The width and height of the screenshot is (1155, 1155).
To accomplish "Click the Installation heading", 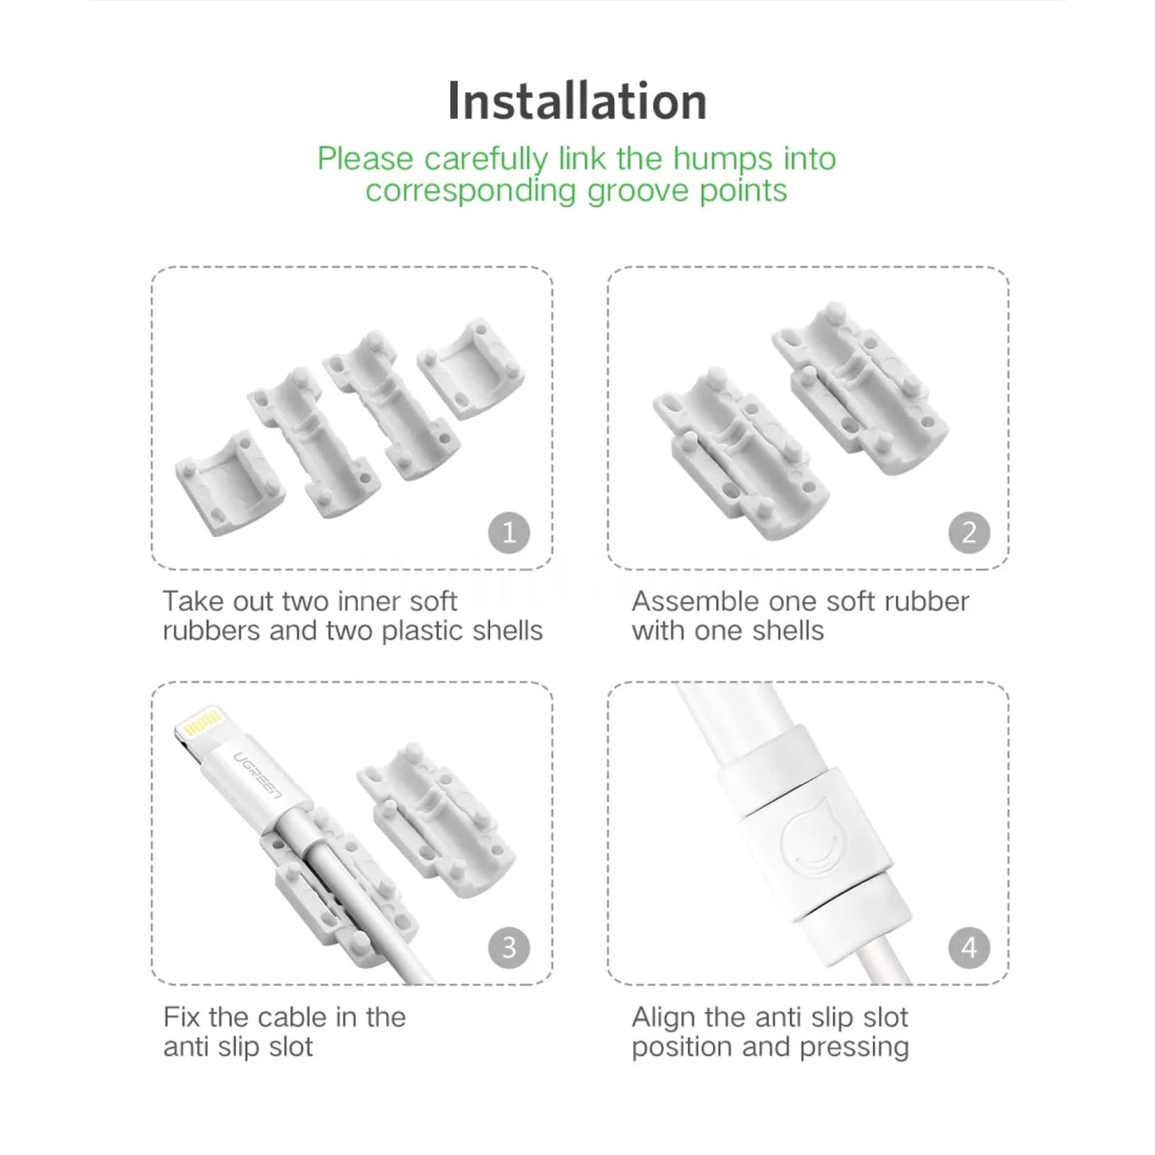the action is pos(576,101).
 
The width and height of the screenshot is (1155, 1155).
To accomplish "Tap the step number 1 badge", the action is pos(509,532).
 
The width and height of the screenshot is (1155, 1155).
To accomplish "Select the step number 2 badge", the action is pos(970,532).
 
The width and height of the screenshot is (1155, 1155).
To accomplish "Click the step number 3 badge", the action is pos(509,948).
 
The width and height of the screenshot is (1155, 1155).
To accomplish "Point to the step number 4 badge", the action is pos(970,948).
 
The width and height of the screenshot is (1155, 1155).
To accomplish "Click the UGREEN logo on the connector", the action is pos(256,775).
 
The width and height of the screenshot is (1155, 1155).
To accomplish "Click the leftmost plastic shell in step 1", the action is pos(229,483).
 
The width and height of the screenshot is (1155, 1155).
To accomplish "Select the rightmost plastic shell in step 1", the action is pos(471,368).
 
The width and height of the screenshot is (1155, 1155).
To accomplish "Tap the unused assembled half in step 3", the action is pos(436,819).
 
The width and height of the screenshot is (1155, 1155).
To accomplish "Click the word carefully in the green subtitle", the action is pos(486,160).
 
